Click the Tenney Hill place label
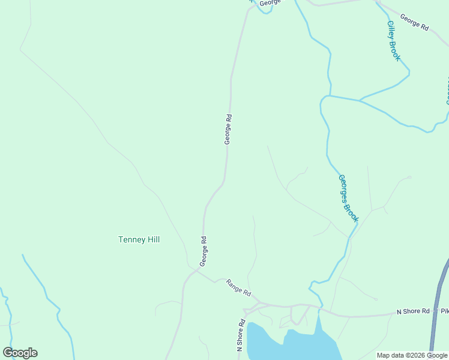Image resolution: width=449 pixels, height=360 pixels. [x=139, y=239]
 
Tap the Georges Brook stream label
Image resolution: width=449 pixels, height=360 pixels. [x=348, y=198]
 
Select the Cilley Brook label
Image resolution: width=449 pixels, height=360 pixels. [x=394, y=41]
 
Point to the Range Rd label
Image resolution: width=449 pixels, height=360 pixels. [x=238, y=289]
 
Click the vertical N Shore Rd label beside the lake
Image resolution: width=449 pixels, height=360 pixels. [x=241, y=335]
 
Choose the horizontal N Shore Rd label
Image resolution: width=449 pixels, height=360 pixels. [x=413, y=311]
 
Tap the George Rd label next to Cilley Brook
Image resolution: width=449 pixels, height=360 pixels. [x=414, y=23]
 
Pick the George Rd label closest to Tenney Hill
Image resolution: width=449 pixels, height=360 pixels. [x=203, y=251]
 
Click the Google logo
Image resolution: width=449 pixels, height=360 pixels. [x=20, y=353]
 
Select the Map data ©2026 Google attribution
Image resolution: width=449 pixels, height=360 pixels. [x=412, y=355]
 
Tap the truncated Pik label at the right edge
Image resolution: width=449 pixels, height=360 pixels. [x=444, y=311]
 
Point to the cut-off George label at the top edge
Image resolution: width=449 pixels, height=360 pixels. [x=271, y=3]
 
